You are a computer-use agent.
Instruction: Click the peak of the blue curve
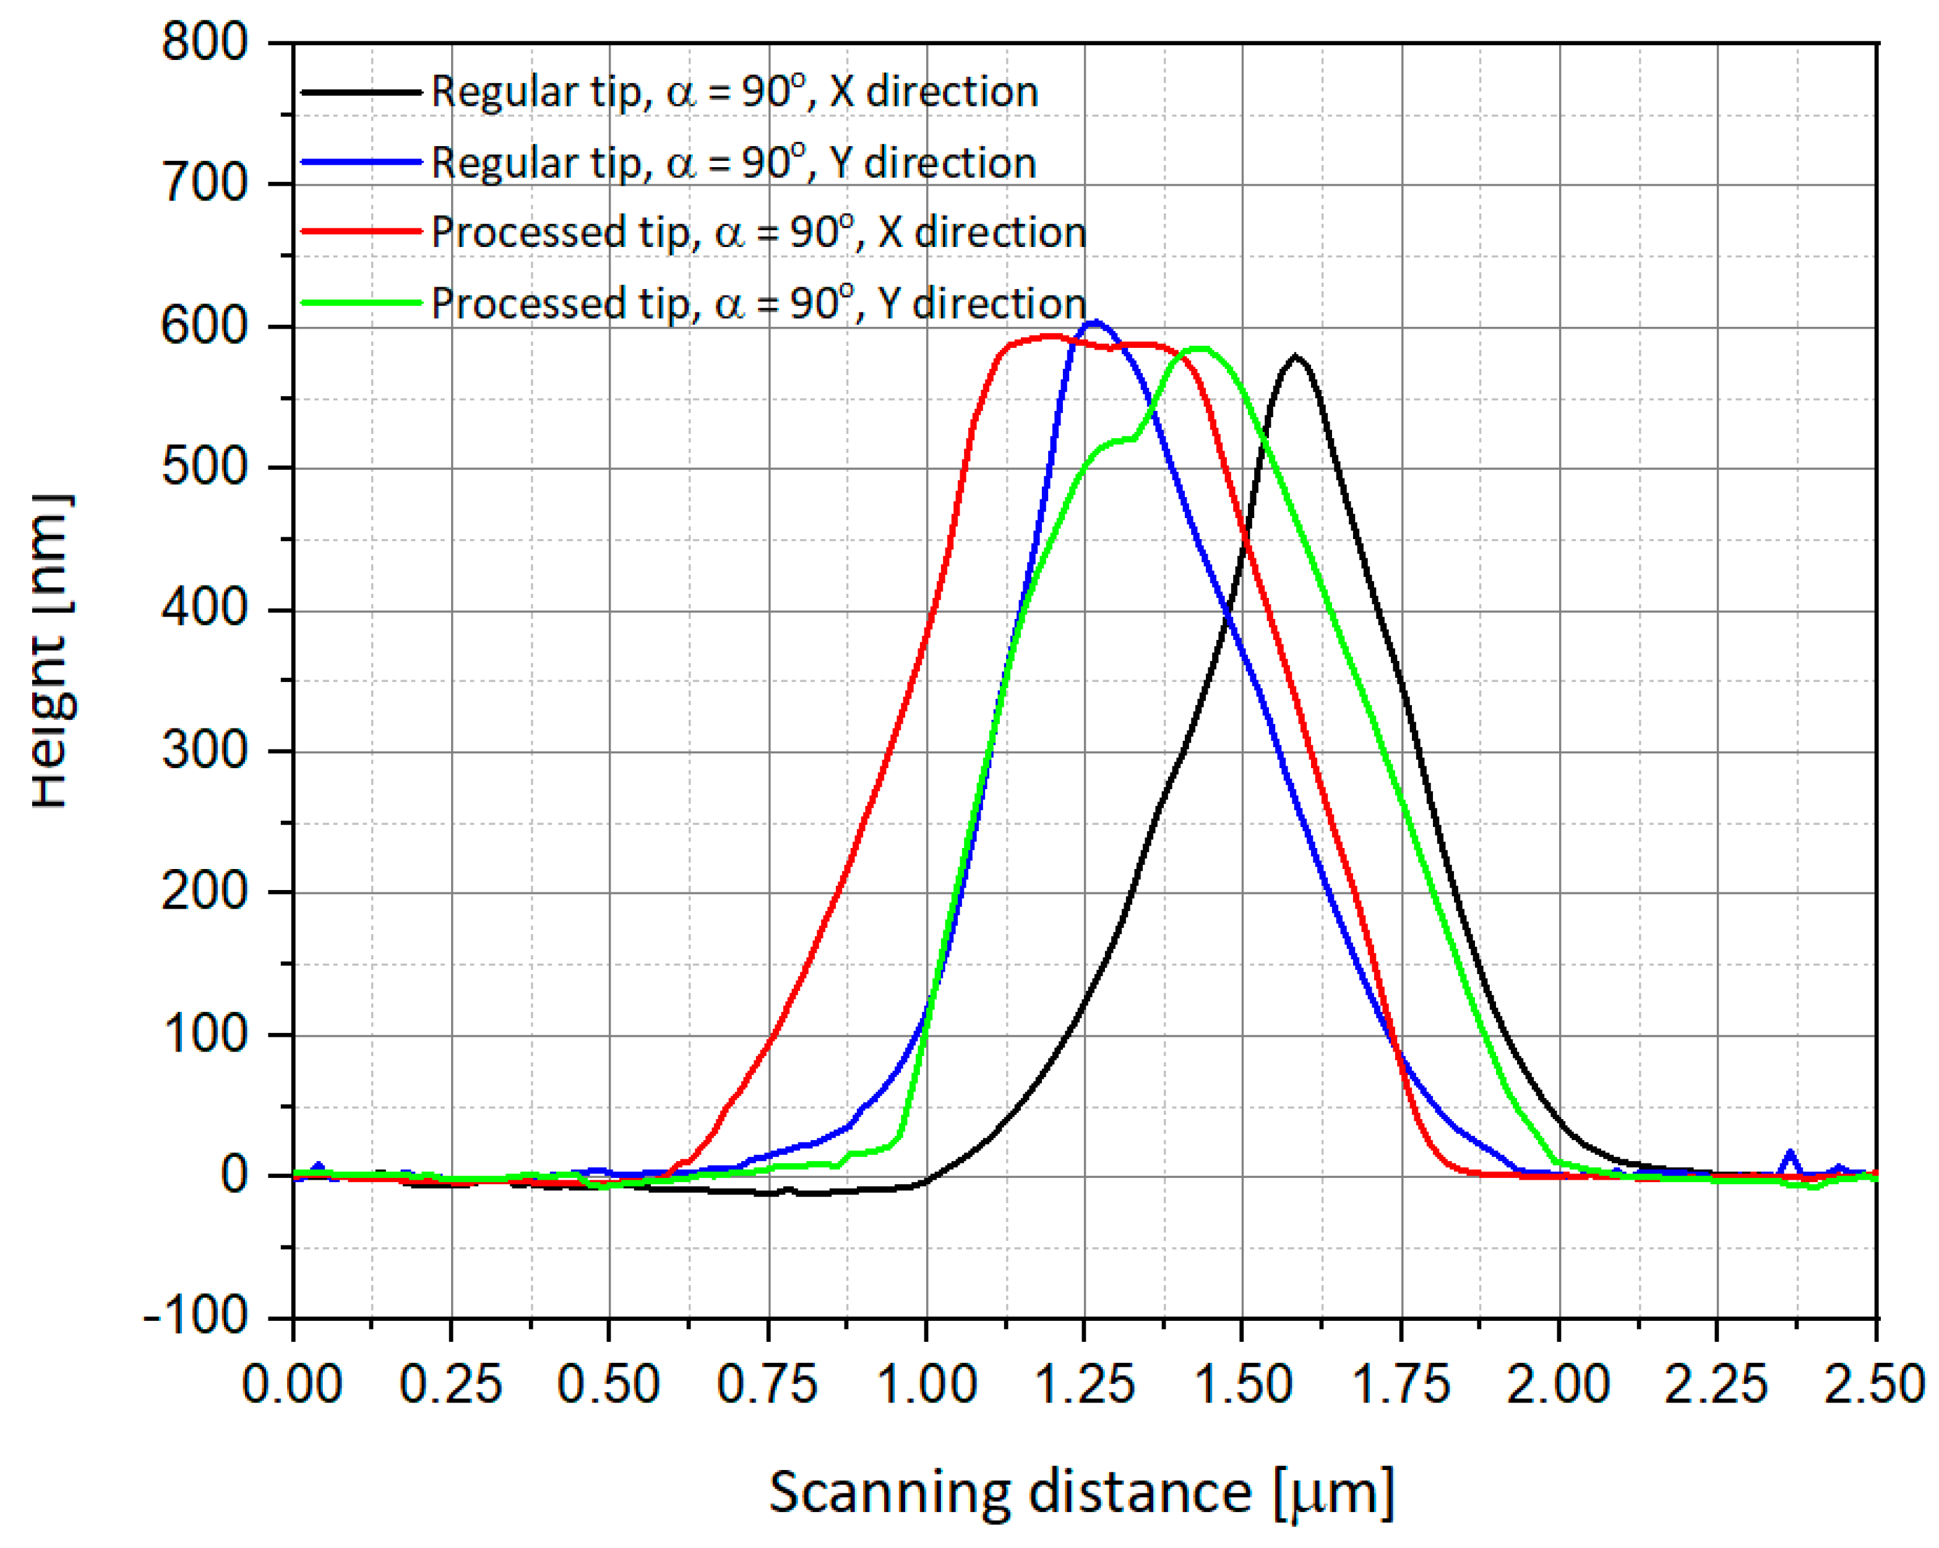[x=1094, y=322]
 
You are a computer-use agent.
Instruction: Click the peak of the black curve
[x=1295, y=356]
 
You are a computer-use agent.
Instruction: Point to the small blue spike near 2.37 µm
[x=1790, y=1153]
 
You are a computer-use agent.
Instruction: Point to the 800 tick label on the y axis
[x=204, y=42]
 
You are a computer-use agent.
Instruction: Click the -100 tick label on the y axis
[x=196, y=1317]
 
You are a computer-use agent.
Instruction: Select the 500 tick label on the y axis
[x=204, y=468]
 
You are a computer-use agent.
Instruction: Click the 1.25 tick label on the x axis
[x=1085, y=1383]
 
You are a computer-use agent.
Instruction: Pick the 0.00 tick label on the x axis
[x=292, y=1383]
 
